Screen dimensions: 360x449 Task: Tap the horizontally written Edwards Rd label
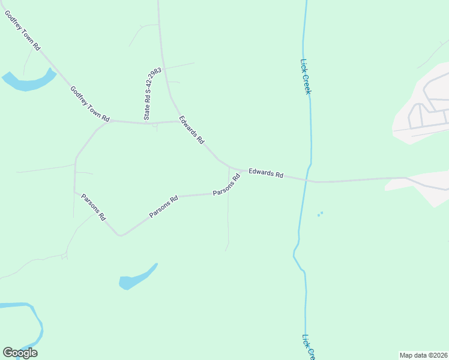click(x=265, y=173)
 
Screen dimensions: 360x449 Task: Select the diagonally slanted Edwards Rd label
click(x=191, y=130)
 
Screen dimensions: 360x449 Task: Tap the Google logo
click(x=20, y=353)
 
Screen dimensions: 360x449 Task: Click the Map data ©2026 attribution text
click(x=423, y=355)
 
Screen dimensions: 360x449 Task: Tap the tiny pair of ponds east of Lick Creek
click(x=320, y=214)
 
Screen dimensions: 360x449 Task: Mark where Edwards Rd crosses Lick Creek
click(x=307, y=179)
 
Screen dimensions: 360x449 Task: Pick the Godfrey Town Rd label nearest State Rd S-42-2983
click(x=90, y=104)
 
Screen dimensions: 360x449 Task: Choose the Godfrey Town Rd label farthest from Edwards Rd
click(x=22, y=31)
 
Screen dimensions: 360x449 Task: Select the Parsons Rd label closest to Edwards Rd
click(x=226, y=185)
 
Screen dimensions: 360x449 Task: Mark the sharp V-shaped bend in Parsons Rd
click(x=120, y=235)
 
